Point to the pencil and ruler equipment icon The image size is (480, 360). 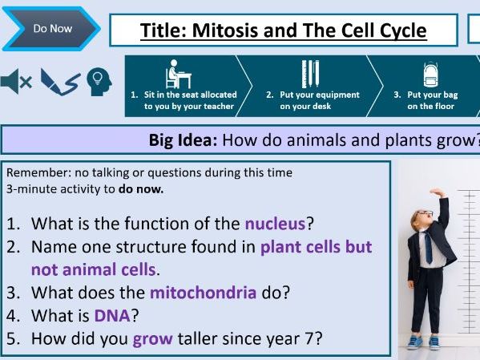(x=310, y=74)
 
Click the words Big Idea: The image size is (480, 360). (x=183, y=140)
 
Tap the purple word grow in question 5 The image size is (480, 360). (x=152, y=338)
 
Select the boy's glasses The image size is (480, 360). (x=424, y=215)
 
